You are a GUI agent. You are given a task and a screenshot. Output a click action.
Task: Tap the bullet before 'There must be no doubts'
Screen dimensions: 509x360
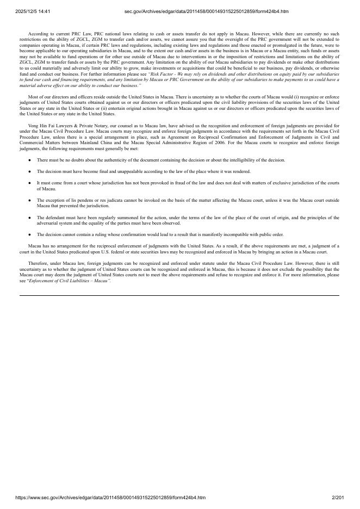29,160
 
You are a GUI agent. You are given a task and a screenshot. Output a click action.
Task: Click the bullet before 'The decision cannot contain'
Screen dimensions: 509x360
29,235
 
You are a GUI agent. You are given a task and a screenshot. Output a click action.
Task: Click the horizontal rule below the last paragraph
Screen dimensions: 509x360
179,295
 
